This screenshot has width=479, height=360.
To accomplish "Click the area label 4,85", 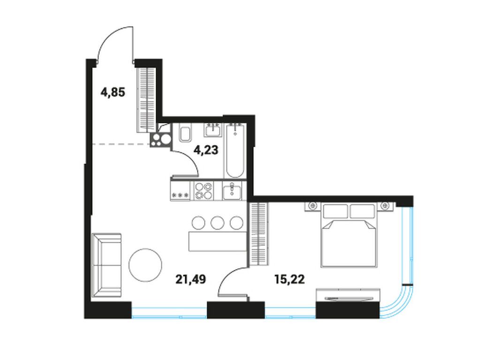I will click(x=113, y=92).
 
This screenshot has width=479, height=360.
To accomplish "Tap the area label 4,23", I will click(x=206, y=150).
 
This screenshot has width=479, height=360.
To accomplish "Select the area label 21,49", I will click(x=191, y=279).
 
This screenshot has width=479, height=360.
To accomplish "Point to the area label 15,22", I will click(x=289, y=279).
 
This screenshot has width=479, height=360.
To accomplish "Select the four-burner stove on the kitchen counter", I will click(x=204, y=191).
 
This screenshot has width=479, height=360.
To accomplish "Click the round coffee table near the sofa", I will click(x=145, y=265).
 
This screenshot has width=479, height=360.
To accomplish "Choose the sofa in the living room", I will click(x=106, y=265).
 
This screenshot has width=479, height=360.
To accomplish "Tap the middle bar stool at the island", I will click(x=218, y=222).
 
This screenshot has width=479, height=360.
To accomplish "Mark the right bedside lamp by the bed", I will click(x=386, y=205).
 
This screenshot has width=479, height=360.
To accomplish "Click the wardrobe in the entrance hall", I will click(x=146, y=99).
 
